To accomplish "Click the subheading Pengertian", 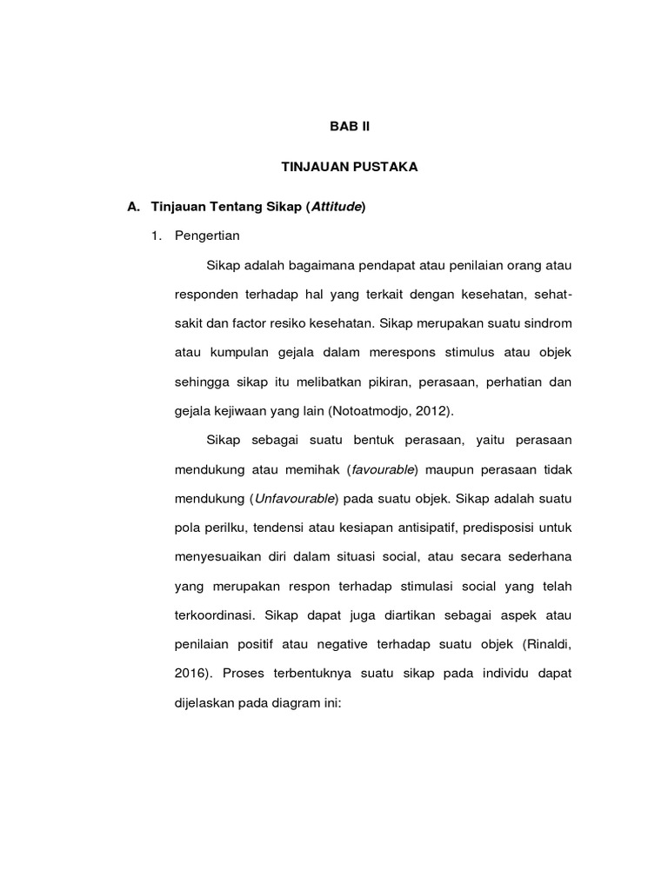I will click(x=207, y=236).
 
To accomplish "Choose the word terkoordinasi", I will click(x=213, y=614).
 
